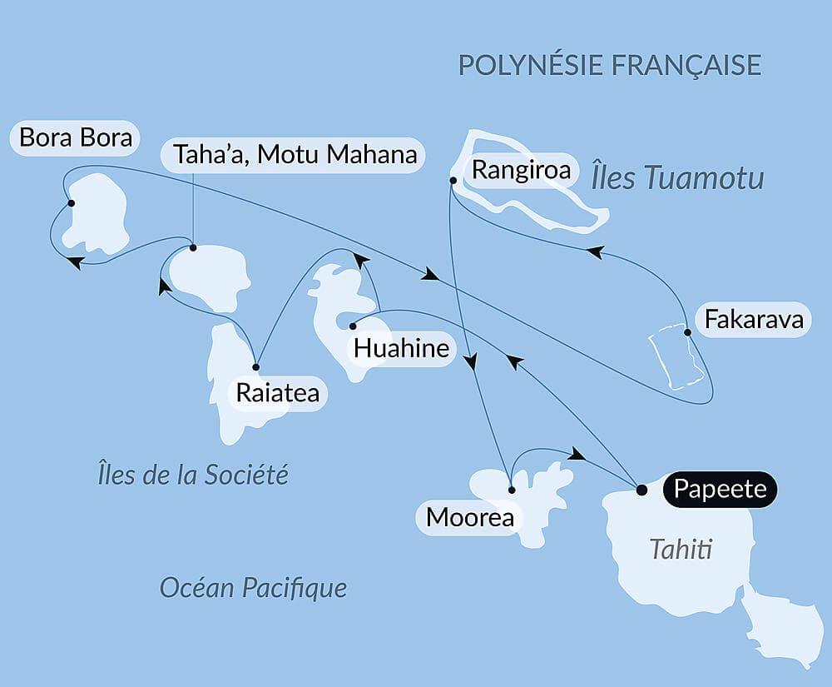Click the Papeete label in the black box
click(x=720, y=489)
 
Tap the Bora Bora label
click(x=76, y=137)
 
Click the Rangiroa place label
click(x=522, y=171)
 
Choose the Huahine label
click(x=401, y=348)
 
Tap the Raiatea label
click(x=277, y=393)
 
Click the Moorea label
click(x=469, y=518)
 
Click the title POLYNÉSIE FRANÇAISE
click(x=610, y=65)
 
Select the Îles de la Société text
click(x=192, y=475)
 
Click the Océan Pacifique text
click(x=253, y=589)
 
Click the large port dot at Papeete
click(x=641, y=490)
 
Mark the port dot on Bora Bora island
click(x=72, y=203)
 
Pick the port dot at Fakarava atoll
click(x=687, y=332)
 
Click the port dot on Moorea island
click(x=512, y=490)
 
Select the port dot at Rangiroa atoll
click(x=453, y=180)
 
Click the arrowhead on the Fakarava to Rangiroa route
click(x=594, y=251)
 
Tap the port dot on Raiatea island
click(x=256, y=367)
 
